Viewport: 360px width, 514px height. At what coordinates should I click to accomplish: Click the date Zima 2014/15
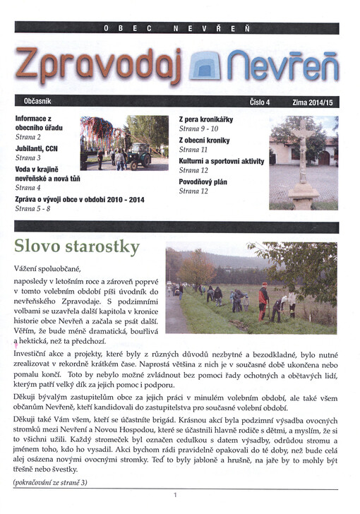[311, 102]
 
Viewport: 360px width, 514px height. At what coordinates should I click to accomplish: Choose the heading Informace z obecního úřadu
[40, 124]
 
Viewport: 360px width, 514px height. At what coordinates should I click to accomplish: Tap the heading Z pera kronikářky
[206, 119]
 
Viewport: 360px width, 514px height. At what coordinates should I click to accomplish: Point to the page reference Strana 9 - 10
[199, 129]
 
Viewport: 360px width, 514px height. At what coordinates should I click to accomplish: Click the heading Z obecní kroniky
[205, 140]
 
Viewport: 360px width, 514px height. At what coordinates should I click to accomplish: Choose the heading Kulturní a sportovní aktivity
[222, 160]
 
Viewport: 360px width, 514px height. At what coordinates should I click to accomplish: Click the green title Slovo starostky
[77, 248]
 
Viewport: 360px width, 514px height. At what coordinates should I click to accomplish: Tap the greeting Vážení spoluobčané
[47, 269]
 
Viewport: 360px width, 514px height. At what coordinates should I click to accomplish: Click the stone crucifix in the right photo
[304, 159]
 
